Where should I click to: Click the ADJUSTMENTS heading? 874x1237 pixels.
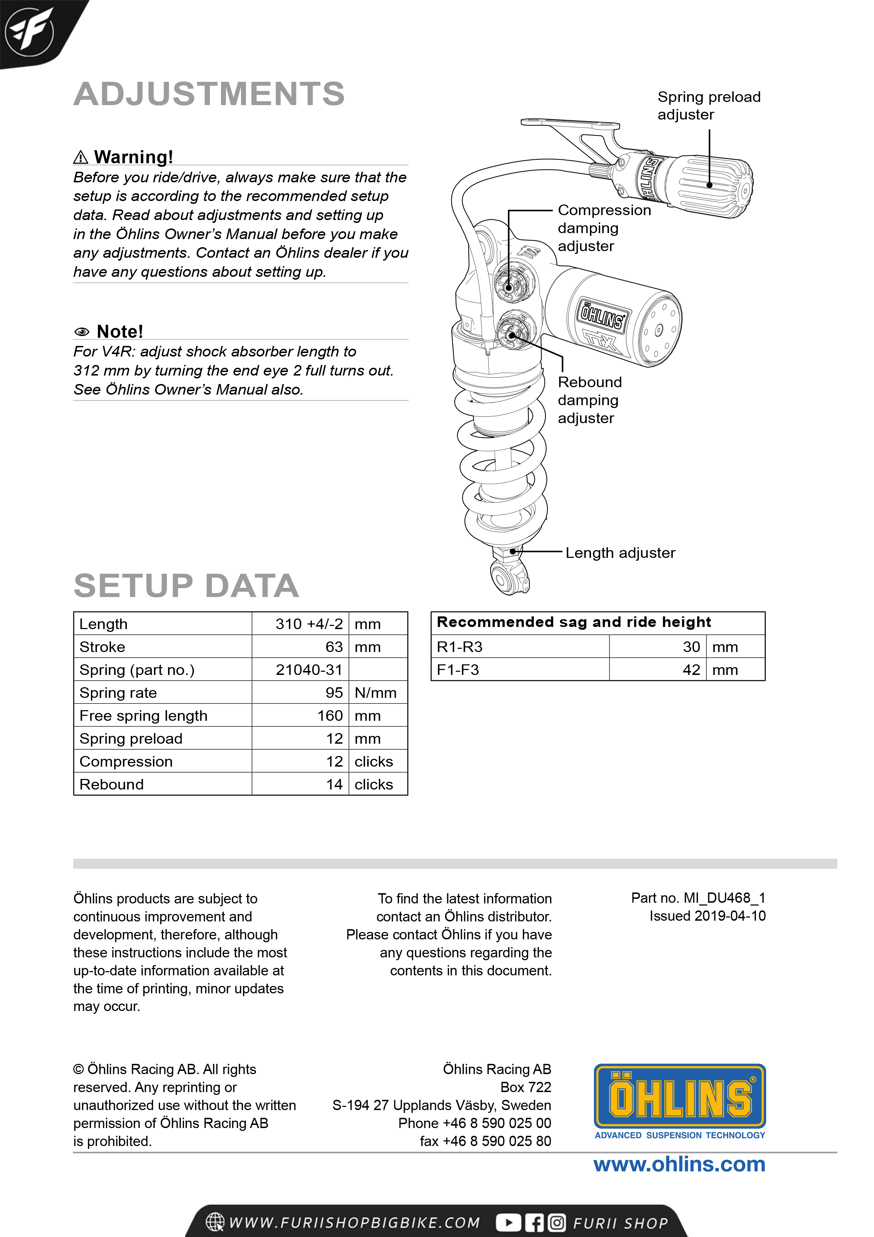coord(209,94)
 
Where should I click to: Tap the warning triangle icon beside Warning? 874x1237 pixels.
coord(80,157)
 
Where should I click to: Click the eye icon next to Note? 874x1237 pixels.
coord(82,332)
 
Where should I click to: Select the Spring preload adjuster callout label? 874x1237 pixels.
coord(709,105)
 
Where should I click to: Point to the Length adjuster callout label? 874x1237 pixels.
coord(620,553)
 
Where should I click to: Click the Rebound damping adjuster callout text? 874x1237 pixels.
coord(589,400)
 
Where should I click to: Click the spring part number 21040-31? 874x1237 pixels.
coord(309,670)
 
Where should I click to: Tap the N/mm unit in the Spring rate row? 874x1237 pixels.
coord(375,693)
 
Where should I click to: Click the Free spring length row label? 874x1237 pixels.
coord(143,715)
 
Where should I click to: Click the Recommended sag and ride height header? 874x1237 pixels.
coord(573,622)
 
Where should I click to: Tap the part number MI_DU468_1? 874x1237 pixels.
coord(724,898)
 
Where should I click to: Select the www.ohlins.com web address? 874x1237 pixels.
coord(679,1165)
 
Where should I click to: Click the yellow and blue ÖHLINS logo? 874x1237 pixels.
coord(679,1097)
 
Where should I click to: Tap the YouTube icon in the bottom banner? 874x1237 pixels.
coord(508,1223)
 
